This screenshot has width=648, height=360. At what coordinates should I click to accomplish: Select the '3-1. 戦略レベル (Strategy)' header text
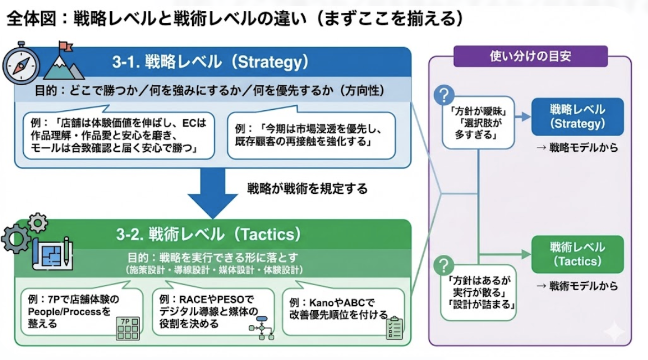(x=210, y=62)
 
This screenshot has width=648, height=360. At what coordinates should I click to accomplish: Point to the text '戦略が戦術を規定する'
(x=307, y=189)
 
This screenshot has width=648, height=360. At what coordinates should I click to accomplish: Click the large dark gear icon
(x=16, y=238)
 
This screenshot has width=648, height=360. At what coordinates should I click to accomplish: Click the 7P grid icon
(x=127, y=328)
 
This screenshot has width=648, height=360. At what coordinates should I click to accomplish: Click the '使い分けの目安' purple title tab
(x=530, y=56)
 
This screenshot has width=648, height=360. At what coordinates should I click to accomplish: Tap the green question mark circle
(x=443, y=265)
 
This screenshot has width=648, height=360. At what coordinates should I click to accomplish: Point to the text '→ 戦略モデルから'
(x=577, y=148)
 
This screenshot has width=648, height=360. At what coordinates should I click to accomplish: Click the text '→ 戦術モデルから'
(x=577, y=286)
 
